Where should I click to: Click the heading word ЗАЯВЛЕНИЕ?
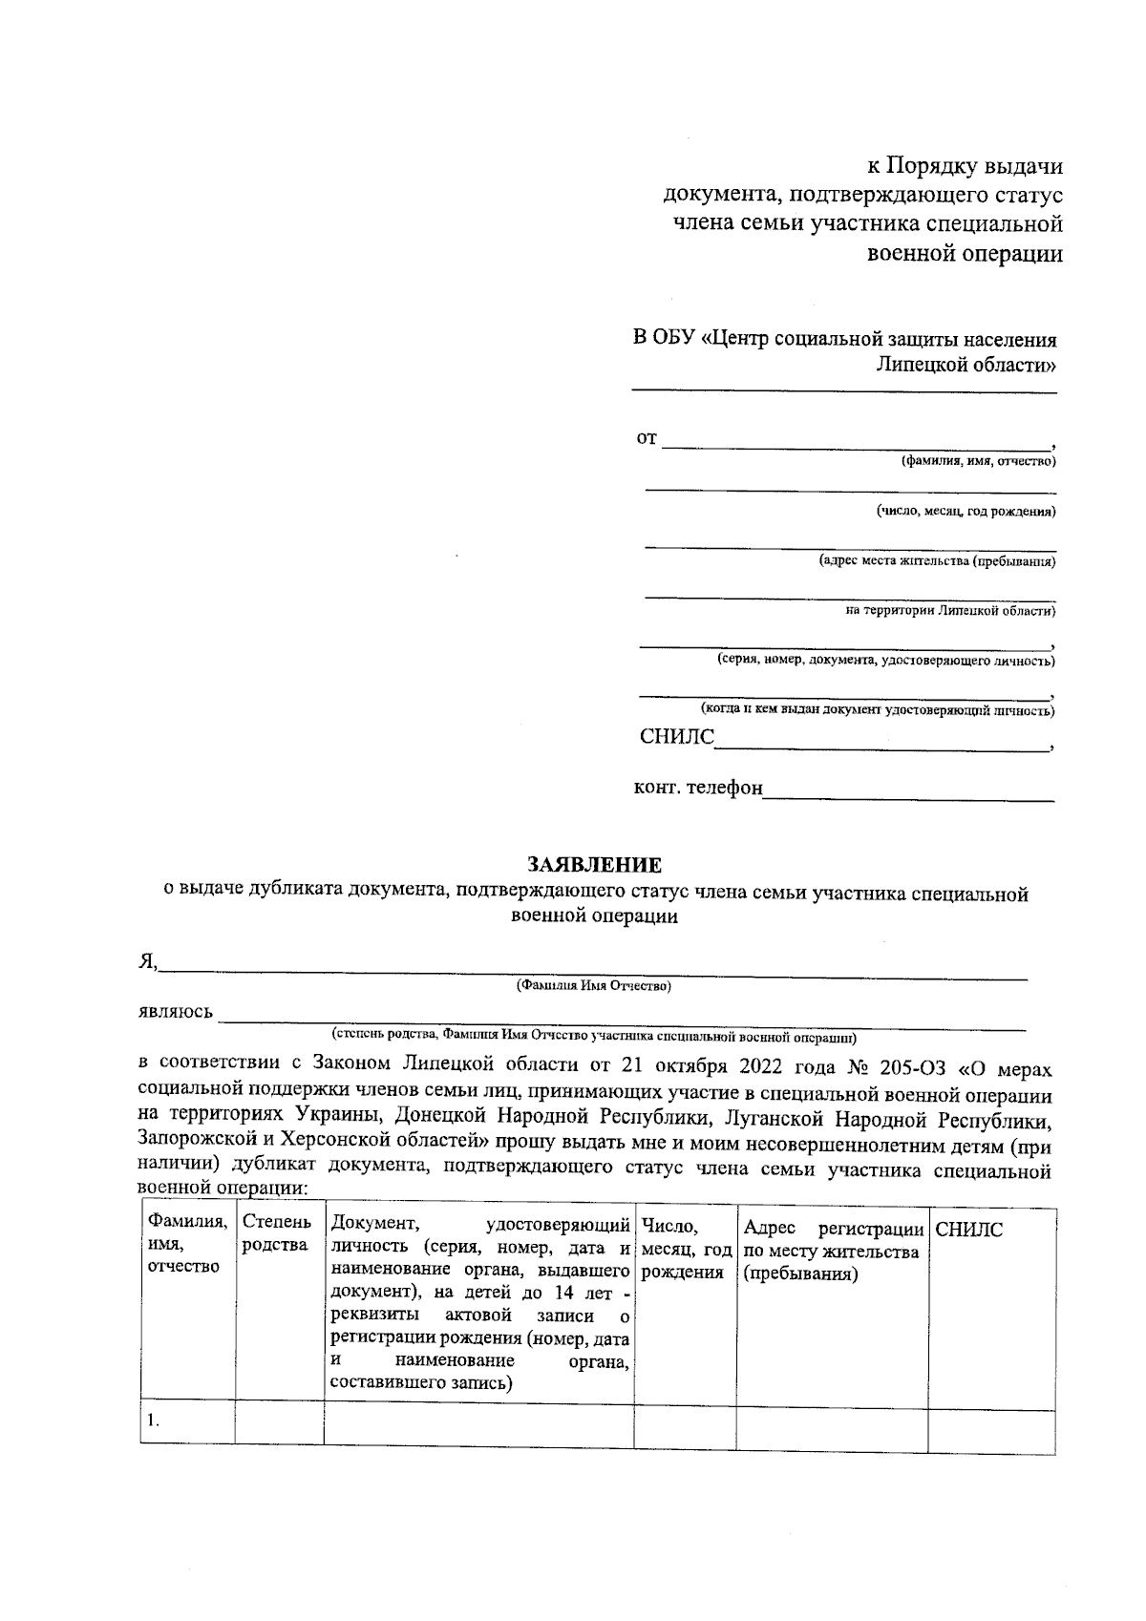coord(595,866)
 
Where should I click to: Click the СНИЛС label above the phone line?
coord(676,738)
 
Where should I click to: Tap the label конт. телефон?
coord(698,789)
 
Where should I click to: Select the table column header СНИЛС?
coord(969,1231)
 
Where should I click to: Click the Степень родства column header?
coord(277,1233)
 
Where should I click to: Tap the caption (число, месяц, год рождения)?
coord(966,512)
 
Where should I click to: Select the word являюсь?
coord(176,1013)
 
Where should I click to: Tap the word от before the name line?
coord(647,439)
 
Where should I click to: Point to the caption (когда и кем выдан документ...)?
coord(878,710)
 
